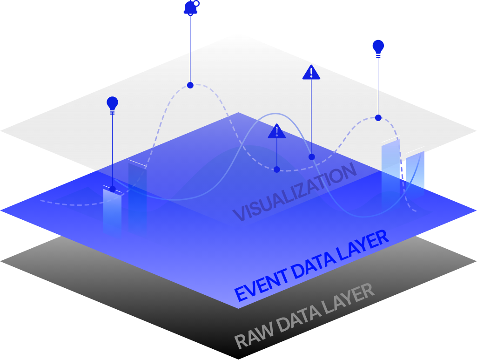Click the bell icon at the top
190,8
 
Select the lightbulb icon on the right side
378,47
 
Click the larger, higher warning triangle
311,73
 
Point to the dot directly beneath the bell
190,85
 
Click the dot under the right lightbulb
378,118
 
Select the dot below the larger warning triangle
312,157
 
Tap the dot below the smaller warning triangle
277,170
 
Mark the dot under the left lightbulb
112,189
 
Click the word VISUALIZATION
294,192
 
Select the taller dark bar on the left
137,196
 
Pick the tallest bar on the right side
390,172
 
